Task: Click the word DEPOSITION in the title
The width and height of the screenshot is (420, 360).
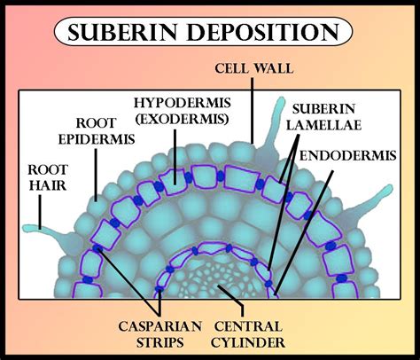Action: [267, 34]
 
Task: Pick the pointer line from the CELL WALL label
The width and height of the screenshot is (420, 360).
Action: [254, 106]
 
